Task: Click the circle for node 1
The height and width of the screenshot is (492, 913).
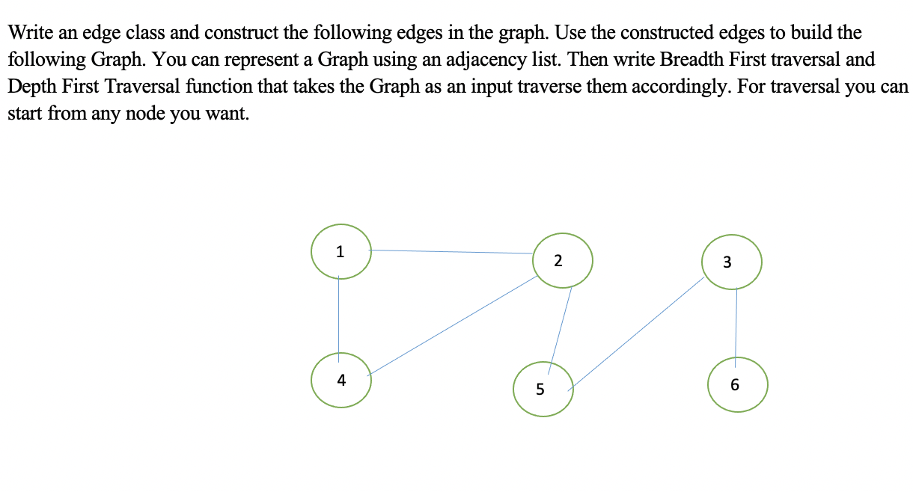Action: (x=341, y=251)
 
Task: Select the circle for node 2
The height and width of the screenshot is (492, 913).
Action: (x=564, y=260)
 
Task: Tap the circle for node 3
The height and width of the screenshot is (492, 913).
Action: (x=732, y=262)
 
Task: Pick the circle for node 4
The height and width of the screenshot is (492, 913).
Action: (x=341, y=380)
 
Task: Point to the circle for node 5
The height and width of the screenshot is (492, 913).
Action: (x=543, y=389)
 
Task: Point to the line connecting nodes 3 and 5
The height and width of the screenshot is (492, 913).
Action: (x=638, y=333)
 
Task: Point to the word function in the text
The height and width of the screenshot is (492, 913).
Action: (x=277, y=87)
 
